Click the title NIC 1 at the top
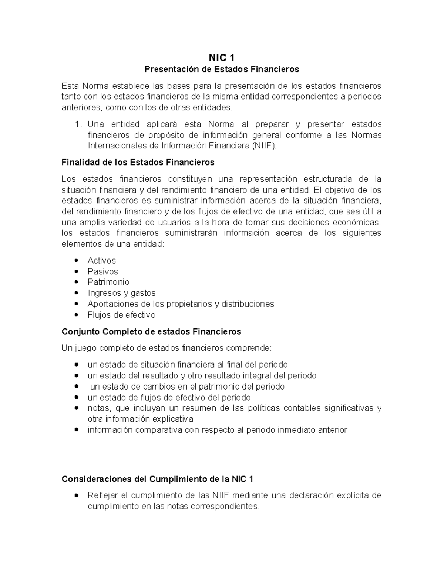222,58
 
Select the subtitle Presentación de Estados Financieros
222,69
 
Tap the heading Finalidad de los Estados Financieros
138,163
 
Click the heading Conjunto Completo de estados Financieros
151,332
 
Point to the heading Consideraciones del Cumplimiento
157,479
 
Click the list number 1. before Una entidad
78,124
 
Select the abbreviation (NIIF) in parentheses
264,146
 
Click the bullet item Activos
102,261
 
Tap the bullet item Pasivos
103,271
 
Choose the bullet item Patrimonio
108,282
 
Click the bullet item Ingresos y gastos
121,293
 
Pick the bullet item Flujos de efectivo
121,315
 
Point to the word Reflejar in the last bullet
103,495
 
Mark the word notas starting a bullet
99,408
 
